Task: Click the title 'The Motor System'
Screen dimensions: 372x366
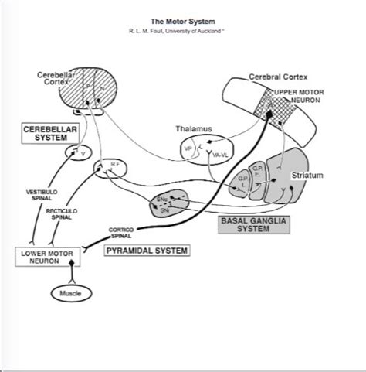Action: pos(182,22)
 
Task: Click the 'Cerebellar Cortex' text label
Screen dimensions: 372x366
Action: pos(57,78)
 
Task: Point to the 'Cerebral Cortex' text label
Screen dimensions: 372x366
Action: pos(276,78)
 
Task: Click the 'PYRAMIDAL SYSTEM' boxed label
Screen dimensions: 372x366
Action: pos(147,251)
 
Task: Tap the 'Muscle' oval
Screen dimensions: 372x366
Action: pos(70,293)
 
